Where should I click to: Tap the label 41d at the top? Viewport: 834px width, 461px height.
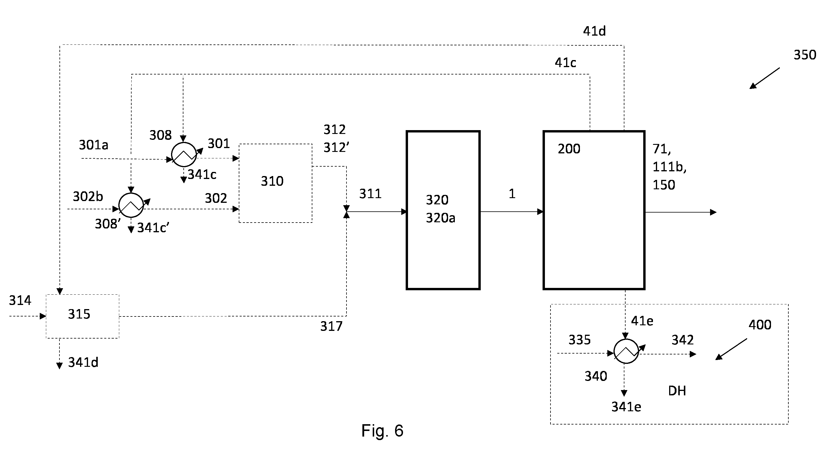594,31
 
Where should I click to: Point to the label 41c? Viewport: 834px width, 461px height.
566,62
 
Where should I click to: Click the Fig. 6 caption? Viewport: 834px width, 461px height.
382,431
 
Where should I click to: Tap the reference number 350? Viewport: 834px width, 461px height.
805,55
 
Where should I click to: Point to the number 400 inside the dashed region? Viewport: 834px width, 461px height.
760,325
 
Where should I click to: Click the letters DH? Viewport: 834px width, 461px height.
677,391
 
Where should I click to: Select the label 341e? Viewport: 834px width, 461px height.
626,407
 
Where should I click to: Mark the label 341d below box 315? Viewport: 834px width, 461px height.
83,362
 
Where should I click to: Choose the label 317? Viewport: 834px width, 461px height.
331,326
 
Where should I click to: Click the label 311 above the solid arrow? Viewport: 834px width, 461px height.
370,194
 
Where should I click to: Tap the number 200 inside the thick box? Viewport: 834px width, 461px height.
569,149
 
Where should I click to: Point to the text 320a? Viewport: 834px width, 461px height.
441,218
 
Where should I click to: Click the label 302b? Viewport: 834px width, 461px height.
88,197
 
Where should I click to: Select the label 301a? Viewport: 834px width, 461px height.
94,145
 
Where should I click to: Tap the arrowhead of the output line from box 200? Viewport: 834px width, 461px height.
713,212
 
